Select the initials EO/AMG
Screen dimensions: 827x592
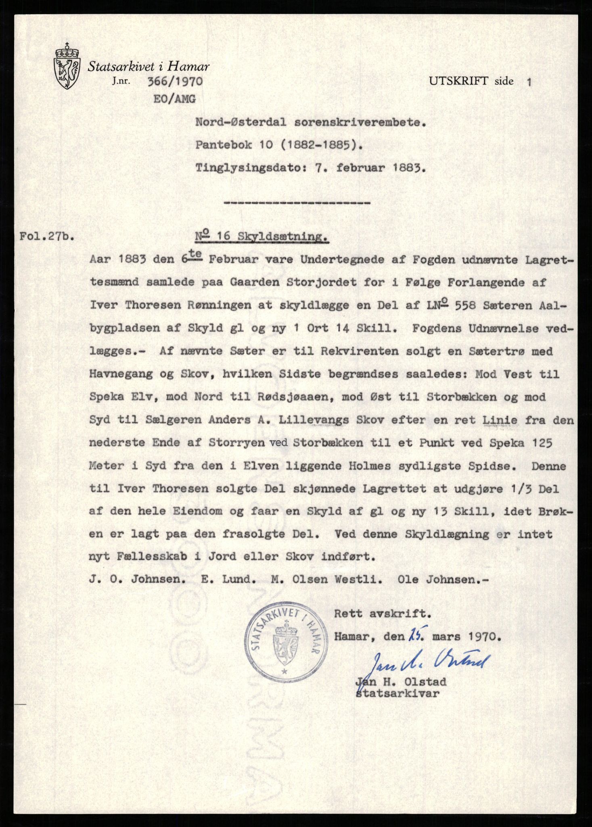point(174,99)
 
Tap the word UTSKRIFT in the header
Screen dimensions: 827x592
point(459,81)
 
